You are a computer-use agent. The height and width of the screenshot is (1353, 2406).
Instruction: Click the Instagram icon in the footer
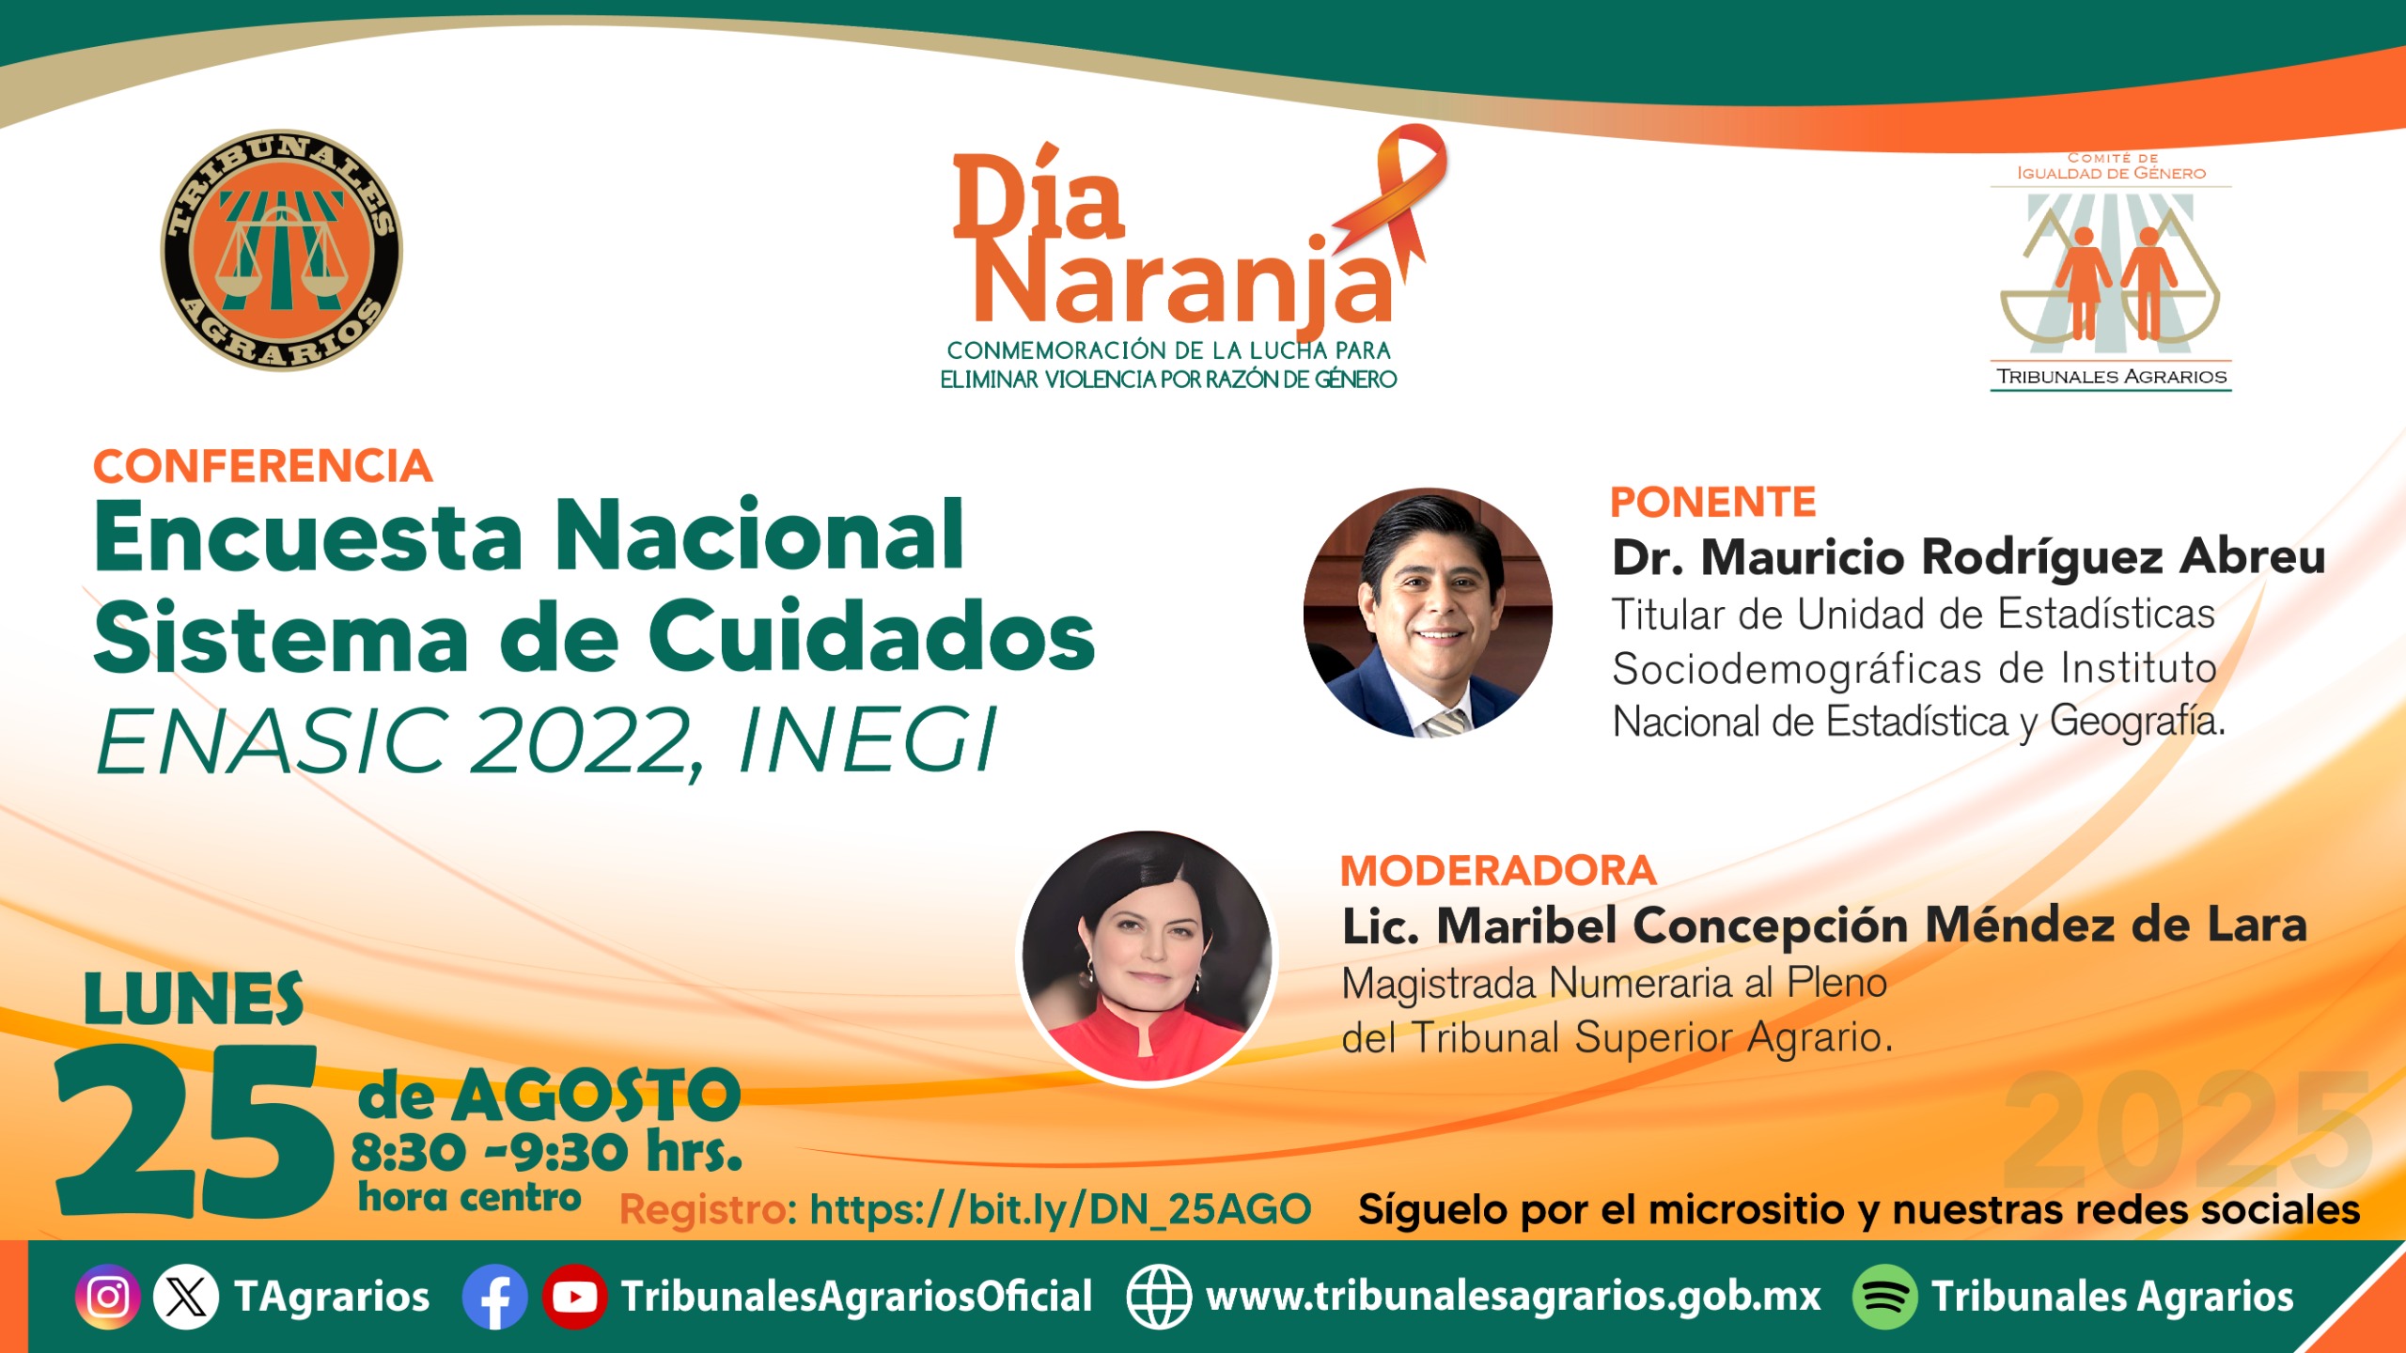[108, 1298]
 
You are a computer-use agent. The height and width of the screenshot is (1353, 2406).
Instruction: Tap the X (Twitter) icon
[186, 1298]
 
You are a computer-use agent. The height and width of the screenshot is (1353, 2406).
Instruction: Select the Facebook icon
[495, 1298]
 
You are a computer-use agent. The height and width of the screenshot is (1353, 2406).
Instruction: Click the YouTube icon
[574, 1298]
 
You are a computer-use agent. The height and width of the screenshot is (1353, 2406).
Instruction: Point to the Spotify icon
[1884, 1298]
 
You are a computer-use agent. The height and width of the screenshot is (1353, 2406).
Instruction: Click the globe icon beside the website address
[1159, 1298]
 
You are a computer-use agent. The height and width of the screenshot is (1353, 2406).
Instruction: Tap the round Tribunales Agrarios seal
[281, 250]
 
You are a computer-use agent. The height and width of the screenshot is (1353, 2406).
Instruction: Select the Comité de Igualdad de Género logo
[2111, 272]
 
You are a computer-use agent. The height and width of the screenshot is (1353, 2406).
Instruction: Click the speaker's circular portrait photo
[1428, 613]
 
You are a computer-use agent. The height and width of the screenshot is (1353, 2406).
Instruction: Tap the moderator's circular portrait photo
[1147, 957]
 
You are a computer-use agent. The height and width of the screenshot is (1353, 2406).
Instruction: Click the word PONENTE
[1712, 503]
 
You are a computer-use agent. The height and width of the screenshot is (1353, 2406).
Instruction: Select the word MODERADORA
[1497, 871]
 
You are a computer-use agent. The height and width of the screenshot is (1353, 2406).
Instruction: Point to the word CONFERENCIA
[263, 467]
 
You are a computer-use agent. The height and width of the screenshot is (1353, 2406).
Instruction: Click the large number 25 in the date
[195, 1132]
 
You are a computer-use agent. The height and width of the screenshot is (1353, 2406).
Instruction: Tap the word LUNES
[194, 999]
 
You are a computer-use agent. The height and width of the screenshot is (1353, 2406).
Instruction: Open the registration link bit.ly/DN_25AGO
[1060, 1210]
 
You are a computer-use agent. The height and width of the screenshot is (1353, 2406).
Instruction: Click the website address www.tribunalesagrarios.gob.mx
[1513, 1298]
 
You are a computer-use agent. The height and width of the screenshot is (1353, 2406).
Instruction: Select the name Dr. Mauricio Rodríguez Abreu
[1969, 557]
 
